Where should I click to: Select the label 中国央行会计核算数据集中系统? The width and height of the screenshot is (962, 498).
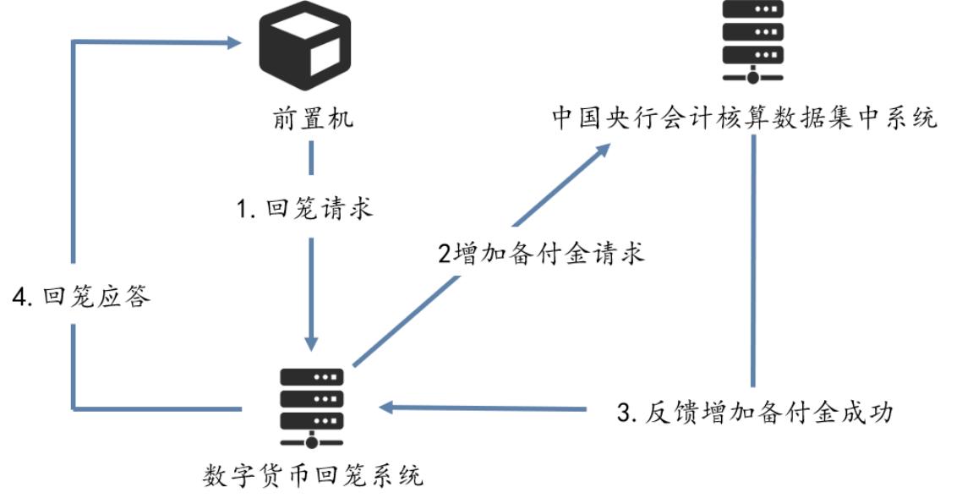click(745, 118)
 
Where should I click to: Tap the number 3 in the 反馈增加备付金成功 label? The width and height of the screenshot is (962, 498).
click(624, 413)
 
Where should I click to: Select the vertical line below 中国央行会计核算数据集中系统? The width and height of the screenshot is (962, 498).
click(752, 262)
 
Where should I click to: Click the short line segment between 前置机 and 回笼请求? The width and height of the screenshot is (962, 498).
click(311, 157)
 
